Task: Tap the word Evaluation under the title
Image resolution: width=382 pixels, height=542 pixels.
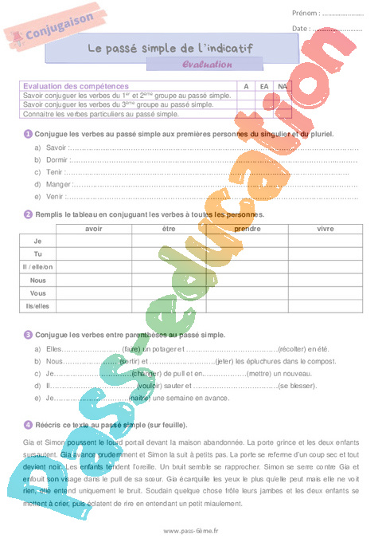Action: point(207,65)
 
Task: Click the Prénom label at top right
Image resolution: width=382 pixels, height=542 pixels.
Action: point(306,13)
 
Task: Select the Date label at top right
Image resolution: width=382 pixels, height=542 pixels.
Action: point(301,28)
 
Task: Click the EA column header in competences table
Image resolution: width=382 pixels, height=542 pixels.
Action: point(264,86)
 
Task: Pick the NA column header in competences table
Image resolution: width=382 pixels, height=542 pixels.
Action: point(282,86)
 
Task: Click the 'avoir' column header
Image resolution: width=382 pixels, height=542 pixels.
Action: point(93,229)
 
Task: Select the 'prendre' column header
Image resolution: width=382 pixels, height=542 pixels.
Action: point(247,229)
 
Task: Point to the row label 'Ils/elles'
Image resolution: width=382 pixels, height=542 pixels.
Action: point(37,305)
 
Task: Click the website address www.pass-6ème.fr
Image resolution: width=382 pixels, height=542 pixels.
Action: point(191,531)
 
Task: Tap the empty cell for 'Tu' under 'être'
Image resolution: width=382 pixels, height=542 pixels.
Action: point(169,254)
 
